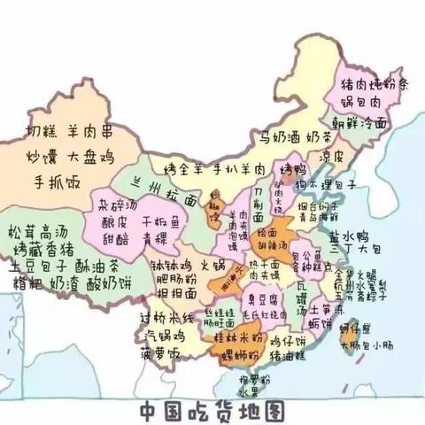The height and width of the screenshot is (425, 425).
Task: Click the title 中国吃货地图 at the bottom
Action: pos(212,409)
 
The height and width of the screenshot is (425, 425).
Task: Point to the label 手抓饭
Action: pos(57,184)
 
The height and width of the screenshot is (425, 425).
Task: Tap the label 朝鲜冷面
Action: pos(359,125)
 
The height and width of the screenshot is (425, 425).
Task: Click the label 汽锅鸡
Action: pos(166,336)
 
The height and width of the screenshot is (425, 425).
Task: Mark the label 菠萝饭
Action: pos(161,354)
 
